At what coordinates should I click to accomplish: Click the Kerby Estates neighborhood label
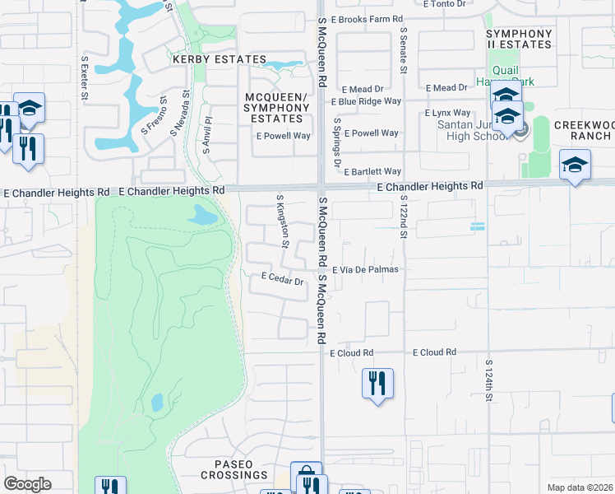pos(219,59)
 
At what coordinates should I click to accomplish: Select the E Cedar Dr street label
pos(283,280)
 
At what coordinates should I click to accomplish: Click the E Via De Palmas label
pos(365,269)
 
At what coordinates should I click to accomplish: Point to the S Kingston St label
pos(282,221)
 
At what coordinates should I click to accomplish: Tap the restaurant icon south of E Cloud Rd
pos(377,383)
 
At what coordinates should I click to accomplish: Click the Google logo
pos(28,484)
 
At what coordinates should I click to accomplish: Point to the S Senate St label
pos(404,50)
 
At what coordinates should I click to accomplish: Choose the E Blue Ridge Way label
pos(366,101)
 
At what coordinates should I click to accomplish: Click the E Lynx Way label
pos(447,113)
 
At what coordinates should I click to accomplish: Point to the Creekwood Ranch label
pos(585,129)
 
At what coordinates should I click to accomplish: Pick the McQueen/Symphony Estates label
pos(276,108)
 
